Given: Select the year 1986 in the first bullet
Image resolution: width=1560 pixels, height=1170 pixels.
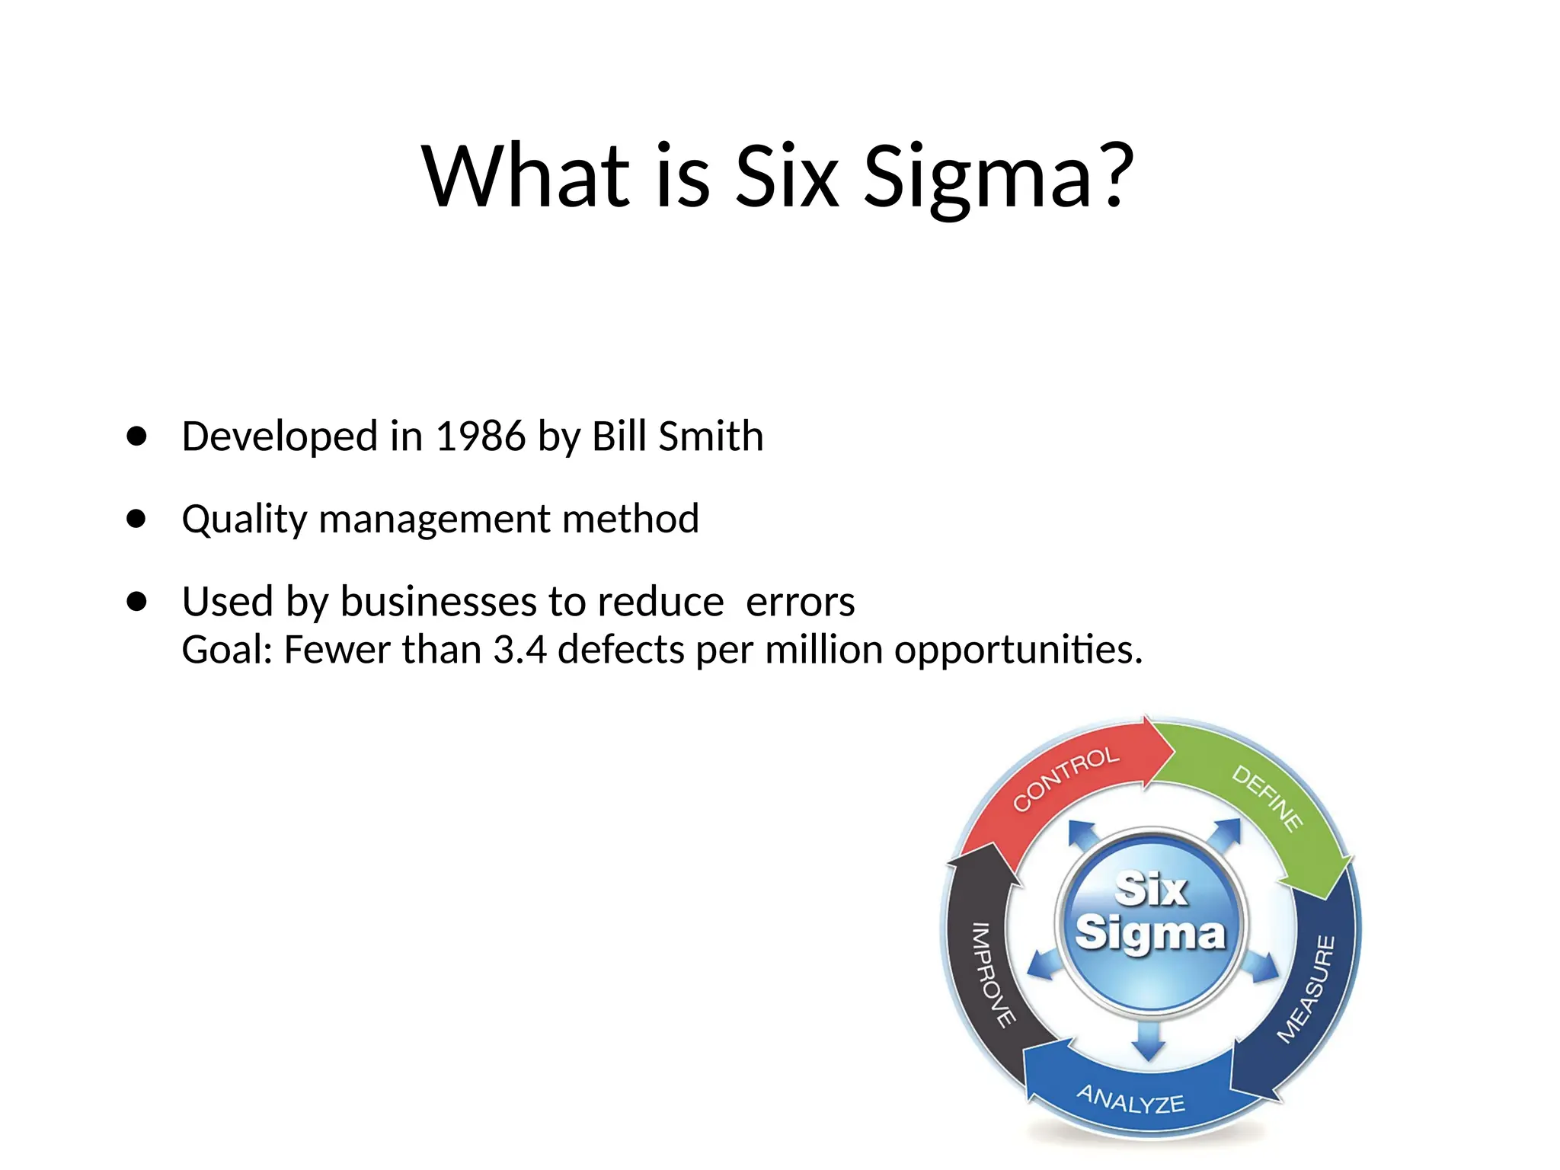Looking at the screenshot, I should click(480, 436).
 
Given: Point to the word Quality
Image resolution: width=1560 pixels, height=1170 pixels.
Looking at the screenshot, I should click(244, 519).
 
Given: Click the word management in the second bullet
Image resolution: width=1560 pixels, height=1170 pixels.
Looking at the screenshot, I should click(434, 519).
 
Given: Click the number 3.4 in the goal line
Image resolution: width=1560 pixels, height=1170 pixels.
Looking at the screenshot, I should click(519, 651).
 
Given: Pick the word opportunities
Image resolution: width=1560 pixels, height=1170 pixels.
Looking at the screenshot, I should click(1017, 651).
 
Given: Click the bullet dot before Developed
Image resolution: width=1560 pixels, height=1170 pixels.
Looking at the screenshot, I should click(137, 436).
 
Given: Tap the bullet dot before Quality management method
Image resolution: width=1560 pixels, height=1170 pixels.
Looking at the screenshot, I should click(137, 519).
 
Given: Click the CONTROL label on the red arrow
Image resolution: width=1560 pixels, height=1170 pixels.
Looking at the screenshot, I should click(1066, 778).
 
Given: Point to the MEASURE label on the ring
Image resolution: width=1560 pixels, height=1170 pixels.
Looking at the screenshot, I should click(1306, 989).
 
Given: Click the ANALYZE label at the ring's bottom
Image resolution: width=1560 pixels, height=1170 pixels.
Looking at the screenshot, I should click(1130, 1099).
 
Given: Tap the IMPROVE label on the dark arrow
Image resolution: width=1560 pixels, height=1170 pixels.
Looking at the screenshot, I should click(993, 974).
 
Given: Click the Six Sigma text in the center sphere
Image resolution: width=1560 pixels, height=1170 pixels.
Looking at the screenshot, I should click(1150, 912).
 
